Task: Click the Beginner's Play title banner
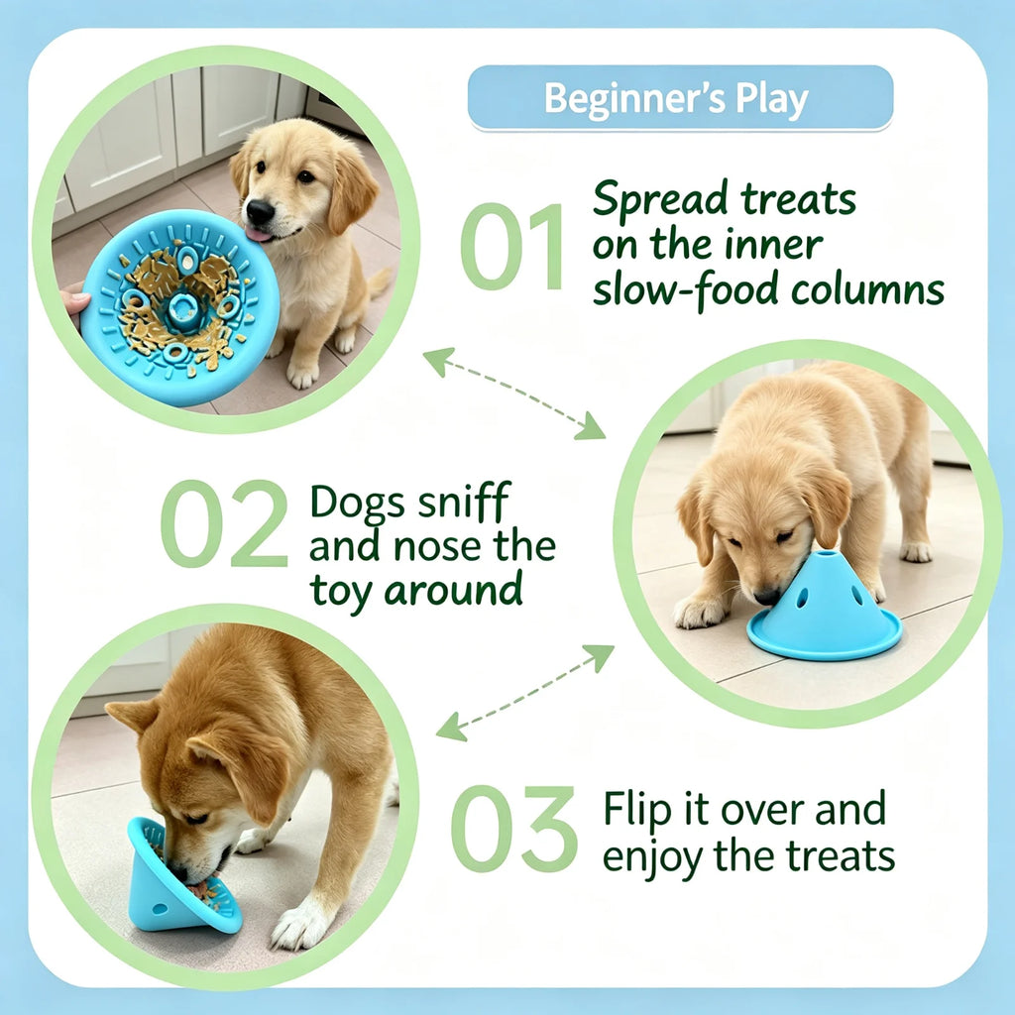pos(680,98)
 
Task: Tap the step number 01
pos(511,246)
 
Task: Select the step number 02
pos(224,523)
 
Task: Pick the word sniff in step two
pos(464,502)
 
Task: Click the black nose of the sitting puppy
pos(260,212)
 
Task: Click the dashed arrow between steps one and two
pos(514,393)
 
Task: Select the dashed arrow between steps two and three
pos(525,693)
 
